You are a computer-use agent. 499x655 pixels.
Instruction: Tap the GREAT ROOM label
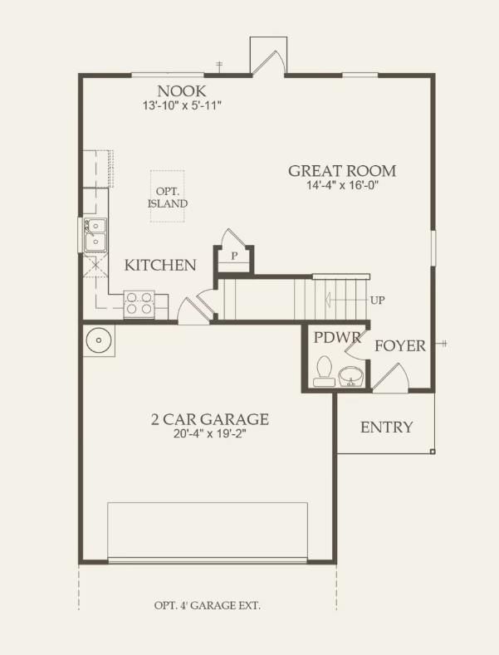(x=342, y=171)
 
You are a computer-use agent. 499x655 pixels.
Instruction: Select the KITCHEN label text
(x=160, y=266)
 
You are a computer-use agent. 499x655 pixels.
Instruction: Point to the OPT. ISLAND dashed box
(x=168, y=196)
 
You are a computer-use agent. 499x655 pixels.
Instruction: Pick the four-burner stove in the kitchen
(x=138, y=303)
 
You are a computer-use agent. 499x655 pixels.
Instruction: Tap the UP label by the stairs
(x=377, y=300)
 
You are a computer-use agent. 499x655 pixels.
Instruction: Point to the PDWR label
(x=330, y=337)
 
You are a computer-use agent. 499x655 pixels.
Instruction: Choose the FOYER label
(x=399, y=345)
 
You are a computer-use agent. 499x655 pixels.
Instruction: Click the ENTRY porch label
(x=386, y=428)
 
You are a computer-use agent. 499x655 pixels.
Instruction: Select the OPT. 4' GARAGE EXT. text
(x=207, y=605)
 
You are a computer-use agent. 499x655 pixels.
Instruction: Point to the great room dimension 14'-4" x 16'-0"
(x=342, y=186)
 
